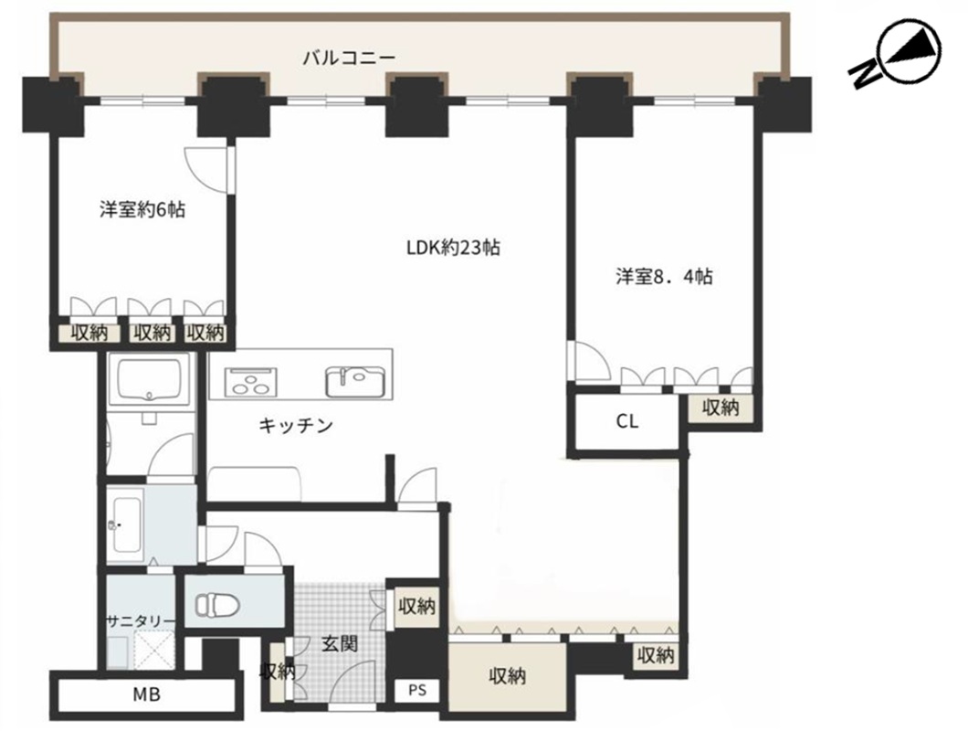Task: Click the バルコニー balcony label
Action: click(349, 58)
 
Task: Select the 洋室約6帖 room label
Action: click(142, 209)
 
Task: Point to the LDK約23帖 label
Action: click(453, 247)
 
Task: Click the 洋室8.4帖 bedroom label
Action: click(664, 276)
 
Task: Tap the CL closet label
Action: click(627, 421)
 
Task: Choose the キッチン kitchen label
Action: click(296, 426)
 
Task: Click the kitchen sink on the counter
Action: click(355, 382)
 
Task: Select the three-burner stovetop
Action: click(250, 382)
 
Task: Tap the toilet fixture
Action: click(216, 604)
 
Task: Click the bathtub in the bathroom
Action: click(149, 380)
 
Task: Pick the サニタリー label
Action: click(140, 620)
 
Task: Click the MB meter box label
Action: click(147, 695)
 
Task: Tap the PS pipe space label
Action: click(417, 690)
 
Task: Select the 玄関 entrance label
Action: click(340, 644)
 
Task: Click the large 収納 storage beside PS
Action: click(507, 676)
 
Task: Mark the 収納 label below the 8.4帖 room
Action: click(721, 408)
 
